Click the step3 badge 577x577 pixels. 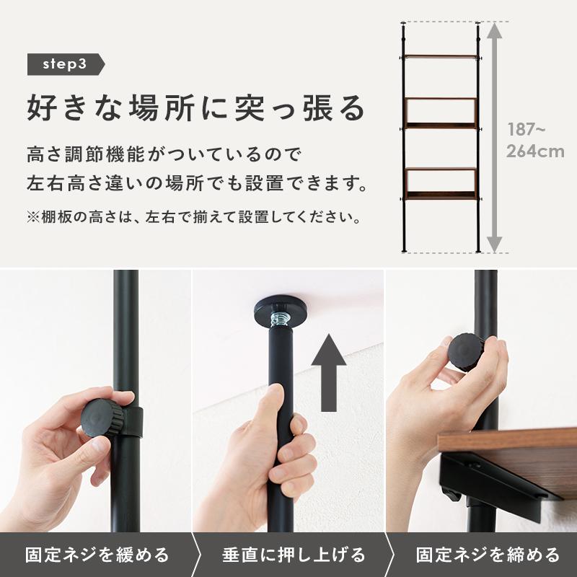click(x=65, y=64)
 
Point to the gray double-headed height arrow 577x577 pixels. click(x=494, y=137)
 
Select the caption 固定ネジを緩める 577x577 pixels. click(x=97, y=555)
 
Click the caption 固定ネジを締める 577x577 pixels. click(x=488, y=555)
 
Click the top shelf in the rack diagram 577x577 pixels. click(x=441, y=56)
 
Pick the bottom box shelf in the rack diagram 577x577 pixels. click(x=441, y=183)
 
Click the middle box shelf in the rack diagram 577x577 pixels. click(x=441, y=112)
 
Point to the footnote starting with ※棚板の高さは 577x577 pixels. click(x=193, y=216)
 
